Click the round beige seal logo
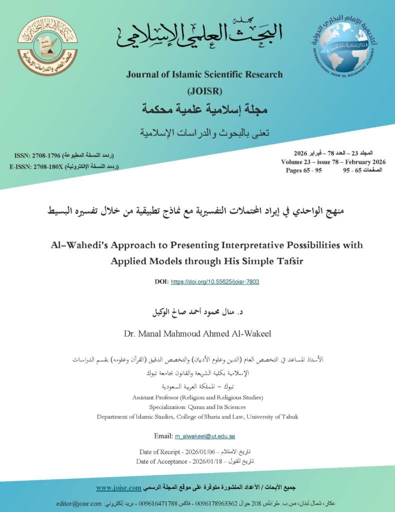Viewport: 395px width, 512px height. tap(47, 46)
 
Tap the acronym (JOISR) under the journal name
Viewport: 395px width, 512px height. tap(204, 91)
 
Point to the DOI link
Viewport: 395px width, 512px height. tap(215, 281)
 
